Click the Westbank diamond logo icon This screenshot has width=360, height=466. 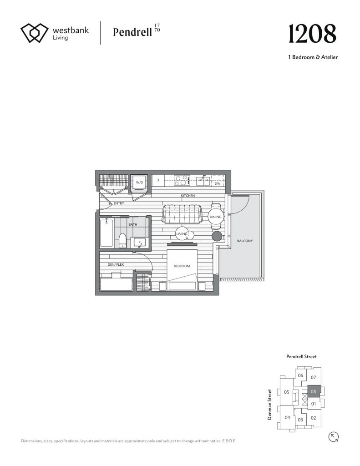tap(35, 33)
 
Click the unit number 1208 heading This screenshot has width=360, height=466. tap(312, 34)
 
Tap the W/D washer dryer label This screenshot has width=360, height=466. tap(139, 182)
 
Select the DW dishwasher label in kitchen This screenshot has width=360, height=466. tap(217, 183)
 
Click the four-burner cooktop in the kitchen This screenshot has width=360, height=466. tap(183, 180)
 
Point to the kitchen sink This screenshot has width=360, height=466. tap(203, 180)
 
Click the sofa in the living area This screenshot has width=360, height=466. tap(182, 214)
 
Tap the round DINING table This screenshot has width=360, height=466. tap(216, 217)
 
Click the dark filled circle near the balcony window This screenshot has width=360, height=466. tap(217, 236)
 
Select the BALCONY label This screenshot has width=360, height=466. tap(245, 241)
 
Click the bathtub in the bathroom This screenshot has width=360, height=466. tap(106, 233)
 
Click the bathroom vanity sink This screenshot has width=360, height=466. tap(139, 243)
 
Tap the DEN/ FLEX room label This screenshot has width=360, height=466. tap(116, 264)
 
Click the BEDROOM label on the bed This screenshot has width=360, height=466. tap(182, 266)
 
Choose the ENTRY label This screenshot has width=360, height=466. tap(119, 203)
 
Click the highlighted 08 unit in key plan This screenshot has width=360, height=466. tap(313, 391)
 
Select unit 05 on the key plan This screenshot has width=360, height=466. tap(286, 392)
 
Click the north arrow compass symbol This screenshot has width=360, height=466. tap(334, 437)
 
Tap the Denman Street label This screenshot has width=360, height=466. tap(269, 405)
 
